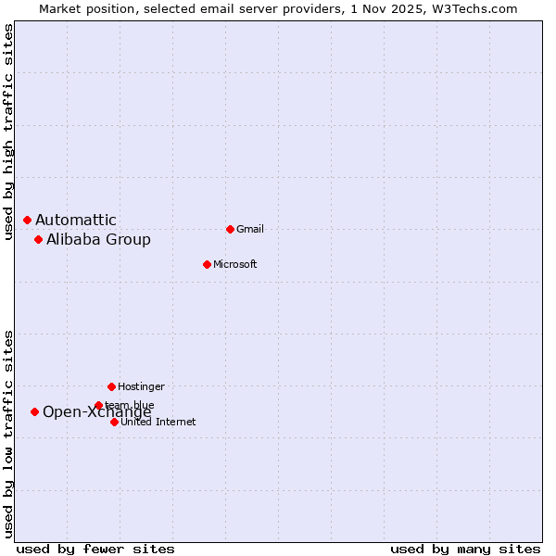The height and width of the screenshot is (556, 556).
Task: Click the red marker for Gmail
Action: coord(230,229)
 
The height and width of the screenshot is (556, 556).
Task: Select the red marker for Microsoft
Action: coord(207,264)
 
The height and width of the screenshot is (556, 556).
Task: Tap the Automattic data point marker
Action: coord(27,220)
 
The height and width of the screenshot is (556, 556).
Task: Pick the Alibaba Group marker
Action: coord(38,239)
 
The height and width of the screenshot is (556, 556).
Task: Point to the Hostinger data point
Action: coord(111,386)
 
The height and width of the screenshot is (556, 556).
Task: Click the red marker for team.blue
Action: coord(98,405)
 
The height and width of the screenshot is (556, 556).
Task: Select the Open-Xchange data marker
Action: coord(34,411)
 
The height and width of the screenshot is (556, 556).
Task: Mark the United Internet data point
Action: coord(114,422)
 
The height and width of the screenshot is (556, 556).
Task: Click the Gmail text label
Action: coord(250,229)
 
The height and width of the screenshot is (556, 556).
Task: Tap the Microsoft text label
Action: coord(234,264)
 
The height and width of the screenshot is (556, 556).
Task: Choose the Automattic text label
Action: coord(76,220)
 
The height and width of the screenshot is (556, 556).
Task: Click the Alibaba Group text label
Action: coord(98,240)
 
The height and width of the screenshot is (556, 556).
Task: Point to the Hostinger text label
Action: coord(141,386)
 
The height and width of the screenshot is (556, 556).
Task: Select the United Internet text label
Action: coord(158,422)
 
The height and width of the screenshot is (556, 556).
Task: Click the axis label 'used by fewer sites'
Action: coord(95,549)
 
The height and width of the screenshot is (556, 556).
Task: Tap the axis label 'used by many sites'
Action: coord(465,549)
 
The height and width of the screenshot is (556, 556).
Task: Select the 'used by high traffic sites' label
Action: coord(8,132)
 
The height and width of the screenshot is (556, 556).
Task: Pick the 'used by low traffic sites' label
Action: coord(8,434)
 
